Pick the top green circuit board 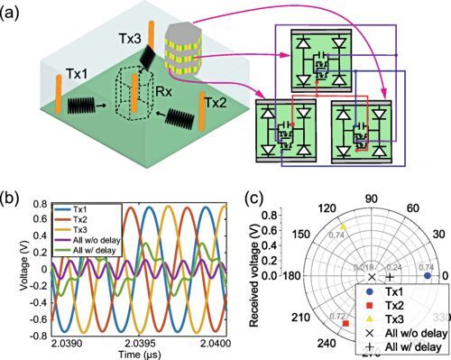pos(318,59)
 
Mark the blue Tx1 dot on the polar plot pos(426,276)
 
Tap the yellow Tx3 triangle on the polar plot pos(343,226)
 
